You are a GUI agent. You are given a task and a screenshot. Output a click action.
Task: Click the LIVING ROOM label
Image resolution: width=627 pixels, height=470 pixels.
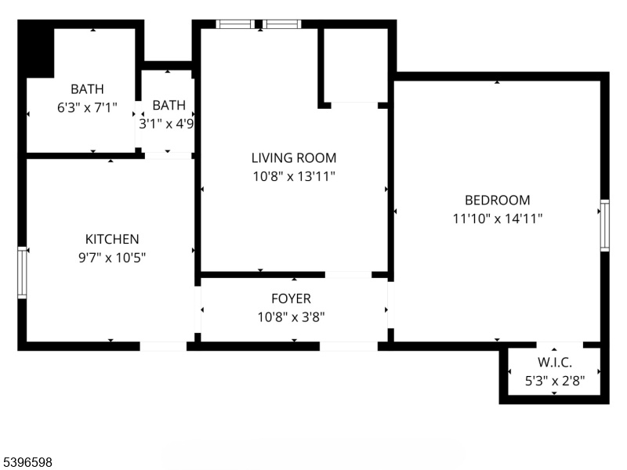coord(294,158)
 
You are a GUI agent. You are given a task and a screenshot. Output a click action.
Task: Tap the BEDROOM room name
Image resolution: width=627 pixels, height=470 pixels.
coord(498,200)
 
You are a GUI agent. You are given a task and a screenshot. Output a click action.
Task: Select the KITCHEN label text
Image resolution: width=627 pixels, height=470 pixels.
coord(112,239)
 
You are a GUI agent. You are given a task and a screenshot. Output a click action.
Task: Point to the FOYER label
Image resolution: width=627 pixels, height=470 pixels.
coord(291,298)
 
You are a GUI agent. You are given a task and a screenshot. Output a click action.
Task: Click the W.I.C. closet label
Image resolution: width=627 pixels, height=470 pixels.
coord(555,362)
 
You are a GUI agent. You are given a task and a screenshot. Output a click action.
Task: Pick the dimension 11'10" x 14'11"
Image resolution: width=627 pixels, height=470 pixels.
coord(498,219)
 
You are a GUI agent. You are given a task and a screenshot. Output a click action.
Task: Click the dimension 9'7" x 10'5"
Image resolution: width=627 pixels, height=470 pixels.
coord(112,258)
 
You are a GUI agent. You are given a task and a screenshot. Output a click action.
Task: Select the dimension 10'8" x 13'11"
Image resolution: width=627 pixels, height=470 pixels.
coord(294,176)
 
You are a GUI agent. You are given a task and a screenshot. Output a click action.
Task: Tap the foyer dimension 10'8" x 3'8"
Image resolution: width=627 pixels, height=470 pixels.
coord(291,317)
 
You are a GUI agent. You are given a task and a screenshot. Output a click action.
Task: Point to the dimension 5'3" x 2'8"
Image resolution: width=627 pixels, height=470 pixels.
coord(555,381)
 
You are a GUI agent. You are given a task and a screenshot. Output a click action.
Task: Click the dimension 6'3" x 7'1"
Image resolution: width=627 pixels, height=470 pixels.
coord(87,107)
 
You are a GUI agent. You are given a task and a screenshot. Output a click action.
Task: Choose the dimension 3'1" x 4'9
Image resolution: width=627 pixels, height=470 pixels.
coord(166,124)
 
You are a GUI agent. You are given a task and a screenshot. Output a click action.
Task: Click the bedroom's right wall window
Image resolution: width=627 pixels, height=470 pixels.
coord(605,226)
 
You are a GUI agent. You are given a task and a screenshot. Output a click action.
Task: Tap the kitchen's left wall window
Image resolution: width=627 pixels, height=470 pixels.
coord(22,273)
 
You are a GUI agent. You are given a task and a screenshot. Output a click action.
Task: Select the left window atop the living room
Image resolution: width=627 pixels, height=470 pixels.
coord(235,24)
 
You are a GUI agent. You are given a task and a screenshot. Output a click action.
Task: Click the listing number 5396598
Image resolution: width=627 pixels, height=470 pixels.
coord(27,462)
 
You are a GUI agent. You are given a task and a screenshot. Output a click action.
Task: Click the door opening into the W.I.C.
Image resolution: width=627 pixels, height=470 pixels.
coord(560,345)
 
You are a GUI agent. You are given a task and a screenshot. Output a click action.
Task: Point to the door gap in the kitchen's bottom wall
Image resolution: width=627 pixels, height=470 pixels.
coord(163,346)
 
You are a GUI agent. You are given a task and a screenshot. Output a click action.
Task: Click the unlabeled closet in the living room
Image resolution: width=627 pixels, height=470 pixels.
coord(355,65)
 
